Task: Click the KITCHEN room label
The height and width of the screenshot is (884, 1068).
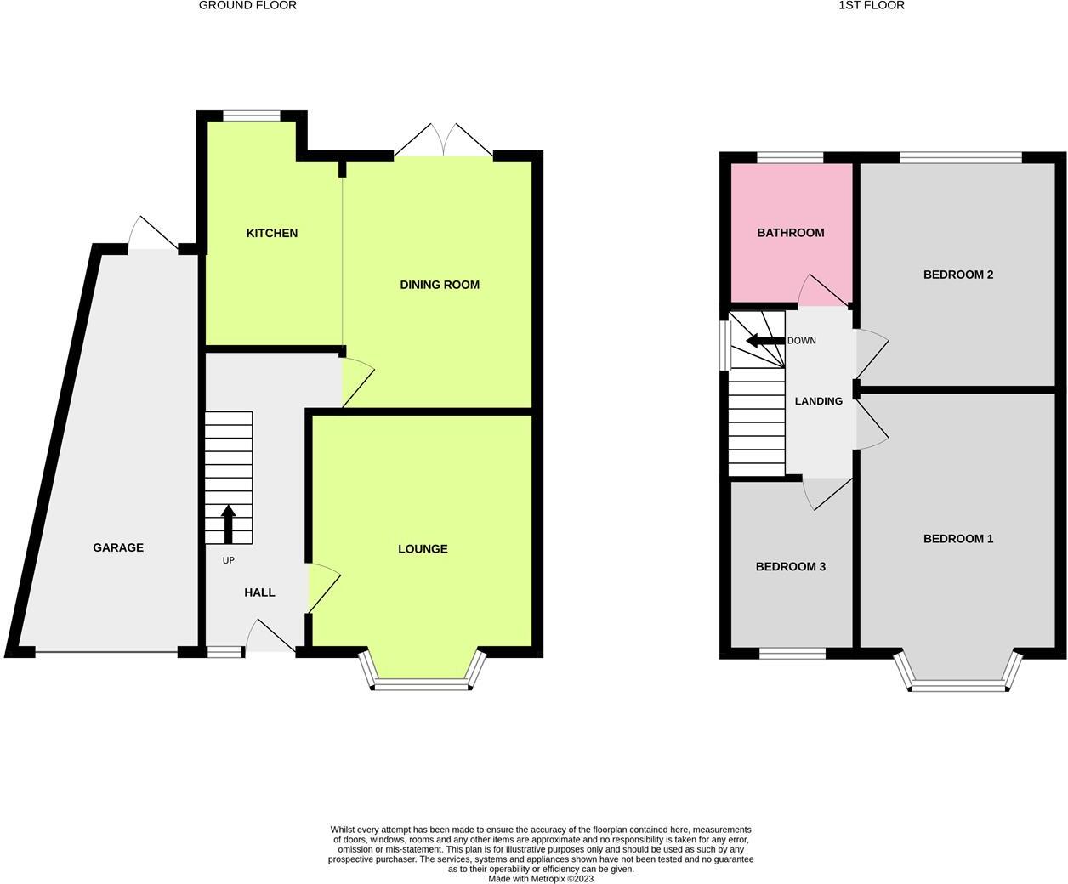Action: pos(272,233)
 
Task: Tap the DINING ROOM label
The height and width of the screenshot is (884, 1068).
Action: pos(440,285)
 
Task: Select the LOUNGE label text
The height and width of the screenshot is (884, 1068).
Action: pos(423,549)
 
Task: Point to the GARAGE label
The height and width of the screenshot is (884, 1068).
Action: pos(118,547)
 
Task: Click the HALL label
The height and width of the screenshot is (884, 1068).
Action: pos(259,592)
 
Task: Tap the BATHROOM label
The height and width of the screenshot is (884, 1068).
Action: pos(791,233)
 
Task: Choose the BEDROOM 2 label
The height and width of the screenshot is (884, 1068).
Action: pos(958,275)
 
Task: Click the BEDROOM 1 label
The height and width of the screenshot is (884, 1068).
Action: pos(958,539)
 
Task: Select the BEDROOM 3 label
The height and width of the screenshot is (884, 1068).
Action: pos(791,567)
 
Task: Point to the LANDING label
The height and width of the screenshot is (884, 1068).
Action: pos(819,401)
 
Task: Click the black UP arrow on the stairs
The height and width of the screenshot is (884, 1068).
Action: pos(228,524)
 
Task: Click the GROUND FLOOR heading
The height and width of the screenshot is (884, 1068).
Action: pos(247,6)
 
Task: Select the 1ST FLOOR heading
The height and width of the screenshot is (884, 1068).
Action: pos(872,6)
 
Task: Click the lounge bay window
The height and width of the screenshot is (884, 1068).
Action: pos(423,683)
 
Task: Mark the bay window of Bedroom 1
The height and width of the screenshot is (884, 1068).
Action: pos(958,683)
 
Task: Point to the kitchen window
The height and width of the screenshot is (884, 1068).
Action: pos(252,116)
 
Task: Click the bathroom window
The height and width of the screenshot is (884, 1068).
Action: pos(791,157)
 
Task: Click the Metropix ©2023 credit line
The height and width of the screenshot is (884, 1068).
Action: pos(541,879)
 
